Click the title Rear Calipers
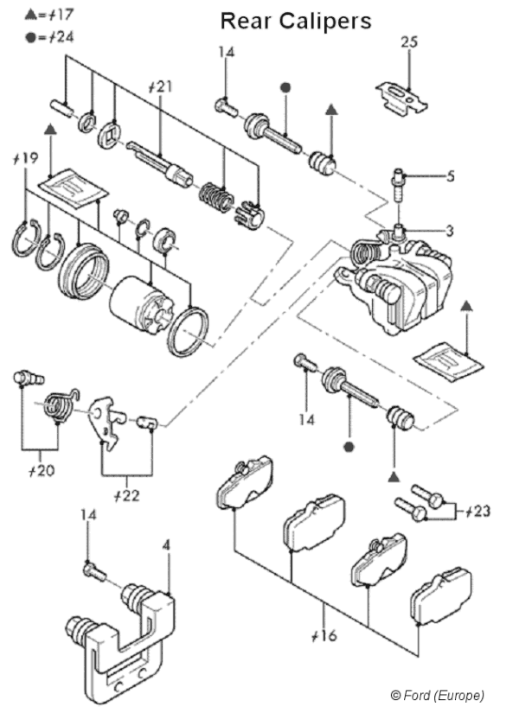coord(295,21)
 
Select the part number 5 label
coord(451,178)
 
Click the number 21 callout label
coord(161,86)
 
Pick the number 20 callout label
coord(41,472)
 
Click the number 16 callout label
coord(324,636)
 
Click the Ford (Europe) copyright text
coord(437,695)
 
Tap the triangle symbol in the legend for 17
coord(31,14)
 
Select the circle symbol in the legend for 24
coord(31,37)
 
